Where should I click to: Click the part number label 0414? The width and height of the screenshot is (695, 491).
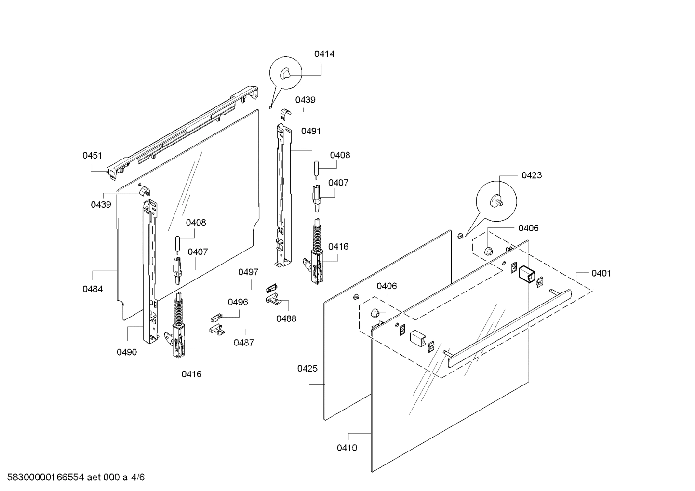click(x=324, y=54)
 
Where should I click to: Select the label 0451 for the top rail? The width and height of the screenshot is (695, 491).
click(x=92, y=155)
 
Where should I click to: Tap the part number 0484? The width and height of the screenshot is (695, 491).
click(x=93, y=289)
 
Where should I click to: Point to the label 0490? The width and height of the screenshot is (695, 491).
click(x=127, y=352)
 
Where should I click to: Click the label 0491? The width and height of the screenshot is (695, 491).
click(x=311, y=131)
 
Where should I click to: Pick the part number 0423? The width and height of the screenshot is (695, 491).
click(x=532, y=175)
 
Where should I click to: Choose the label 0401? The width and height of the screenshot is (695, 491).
click(x=601, y=273)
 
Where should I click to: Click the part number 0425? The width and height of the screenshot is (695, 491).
click(x=307, y=369)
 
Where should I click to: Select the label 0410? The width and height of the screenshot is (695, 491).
click(x=347, y=448)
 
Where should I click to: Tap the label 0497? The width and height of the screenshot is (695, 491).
click(x=248, y=272)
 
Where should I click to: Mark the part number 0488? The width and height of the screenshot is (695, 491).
click(x=286, y=318)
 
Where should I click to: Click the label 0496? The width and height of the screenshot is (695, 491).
click(x=238, y=302)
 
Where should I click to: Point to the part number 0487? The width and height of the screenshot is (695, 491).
click(x=244, y=343)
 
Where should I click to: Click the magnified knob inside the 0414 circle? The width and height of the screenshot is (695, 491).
click(x=285, y=73)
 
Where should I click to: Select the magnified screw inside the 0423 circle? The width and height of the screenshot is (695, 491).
click(x=496, y=201)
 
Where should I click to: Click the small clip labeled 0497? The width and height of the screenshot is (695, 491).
click(x=271, y=288)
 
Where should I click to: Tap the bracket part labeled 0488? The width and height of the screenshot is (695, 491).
click(x=273, y=300)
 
